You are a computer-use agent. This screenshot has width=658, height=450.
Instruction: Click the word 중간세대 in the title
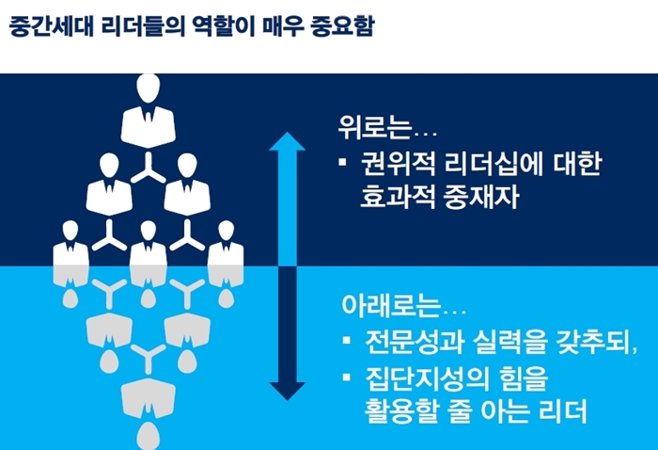51,26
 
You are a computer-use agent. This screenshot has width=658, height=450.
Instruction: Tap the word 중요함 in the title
342,26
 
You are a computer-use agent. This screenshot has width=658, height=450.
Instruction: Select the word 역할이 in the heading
224,26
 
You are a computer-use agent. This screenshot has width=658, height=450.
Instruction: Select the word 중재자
481,197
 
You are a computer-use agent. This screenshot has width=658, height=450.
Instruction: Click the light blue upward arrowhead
287,141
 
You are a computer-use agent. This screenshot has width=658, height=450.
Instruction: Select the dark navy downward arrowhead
287,392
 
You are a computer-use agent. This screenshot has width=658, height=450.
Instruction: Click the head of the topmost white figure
149,88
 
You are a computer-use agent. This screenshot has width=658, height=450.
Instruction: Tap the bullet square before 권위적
342,162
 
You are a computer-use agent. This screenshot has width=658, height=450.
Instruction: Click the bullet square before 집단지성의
347,377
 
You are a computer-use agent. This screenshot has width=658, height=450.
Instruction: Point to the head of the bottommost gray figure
149,436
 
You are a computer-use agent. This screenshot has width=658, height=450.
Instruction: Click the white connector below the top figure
149,169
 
